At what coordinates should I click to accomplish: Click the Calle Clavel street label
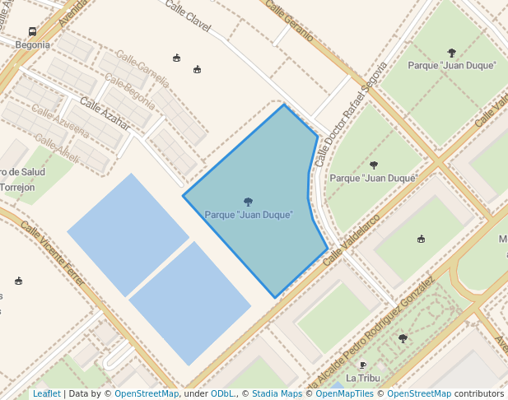pyautogui.click(x=188, y=17)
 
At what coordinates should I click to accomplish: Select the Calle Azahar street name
pyautogui.click(x=105, y=114)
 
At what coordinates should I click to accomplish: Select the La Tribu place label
pyautogui.click(x=362, y=378)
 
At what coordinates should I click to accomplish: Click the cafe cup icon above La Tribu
pyautogui.click(x=362, y=365)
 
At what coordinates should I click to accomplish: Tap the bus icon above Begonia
pyautogui.click(x=32, y=31)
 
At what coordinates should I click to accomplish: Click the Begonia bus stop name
pyautogui.click(x=32, y=44)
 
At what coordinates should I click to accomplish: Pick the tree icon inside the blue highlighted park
pyautogui.click(x=248, y=201)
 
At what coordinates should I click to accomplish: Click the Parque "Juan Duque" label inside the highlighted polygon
pyautogui.click(x=249, y=215)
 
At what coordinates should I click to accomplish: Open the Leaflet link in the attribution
pyautogui.click(x=47, y=393)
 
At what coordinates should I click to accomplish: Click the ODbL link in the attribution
pyautogui.click(x=222, y=393)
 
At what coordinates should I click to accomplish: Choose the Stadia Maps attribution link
pyautogui.click(x=277, y=393)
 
